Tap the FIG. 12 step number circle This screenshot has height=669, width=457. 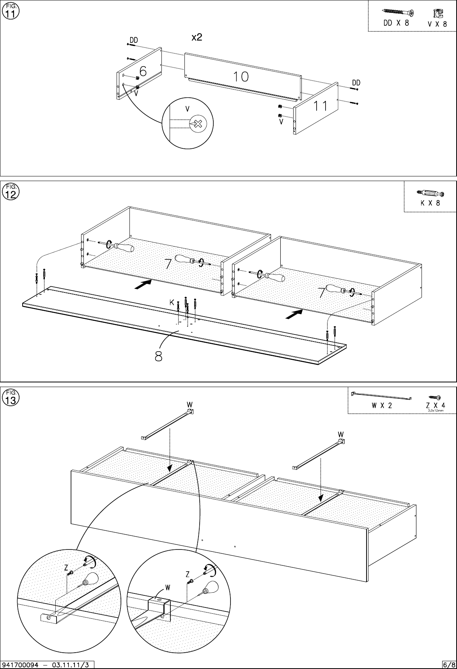coord(10,192)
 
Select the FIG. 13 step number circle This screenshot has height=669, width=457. coord(10,398)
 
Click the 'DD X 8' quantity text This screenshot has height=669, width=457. coord(396,23)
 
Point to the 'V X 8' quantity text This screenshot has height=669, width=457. coord(437,24)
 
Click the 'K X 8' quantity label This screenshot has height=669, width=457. coord(430,203)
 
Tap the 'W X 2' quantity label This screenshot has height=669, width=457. coord(381,405)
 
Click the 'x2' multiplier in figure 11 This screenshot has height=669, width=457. coord(197,37)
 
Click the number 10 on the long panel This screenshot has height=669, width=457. coord(241,77)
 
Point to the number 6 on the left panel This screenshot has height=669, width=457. coord(143,71)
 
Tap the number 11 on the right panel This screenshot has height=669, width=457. coord(321,106)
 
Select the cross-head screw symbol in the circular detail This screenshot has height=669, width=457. coord(198,124)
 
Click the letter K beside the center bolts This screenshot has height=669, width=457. coord(172,302)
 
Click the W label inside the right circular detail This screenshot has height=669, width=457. coord(167,586)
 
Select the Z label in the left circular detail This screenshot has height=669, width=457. coord(66,568)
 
